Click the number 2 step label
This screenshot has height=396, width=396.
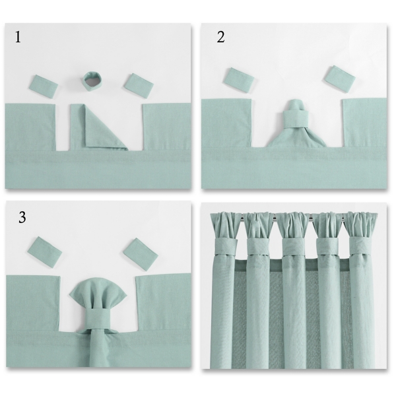[220, 37]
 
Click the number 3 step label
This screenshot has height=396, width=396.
[22, 217]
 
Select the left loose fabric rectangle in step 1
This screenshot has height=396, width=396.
[45, 85]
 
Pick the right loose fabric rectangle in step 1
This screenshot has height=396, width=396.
[139, 85]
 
